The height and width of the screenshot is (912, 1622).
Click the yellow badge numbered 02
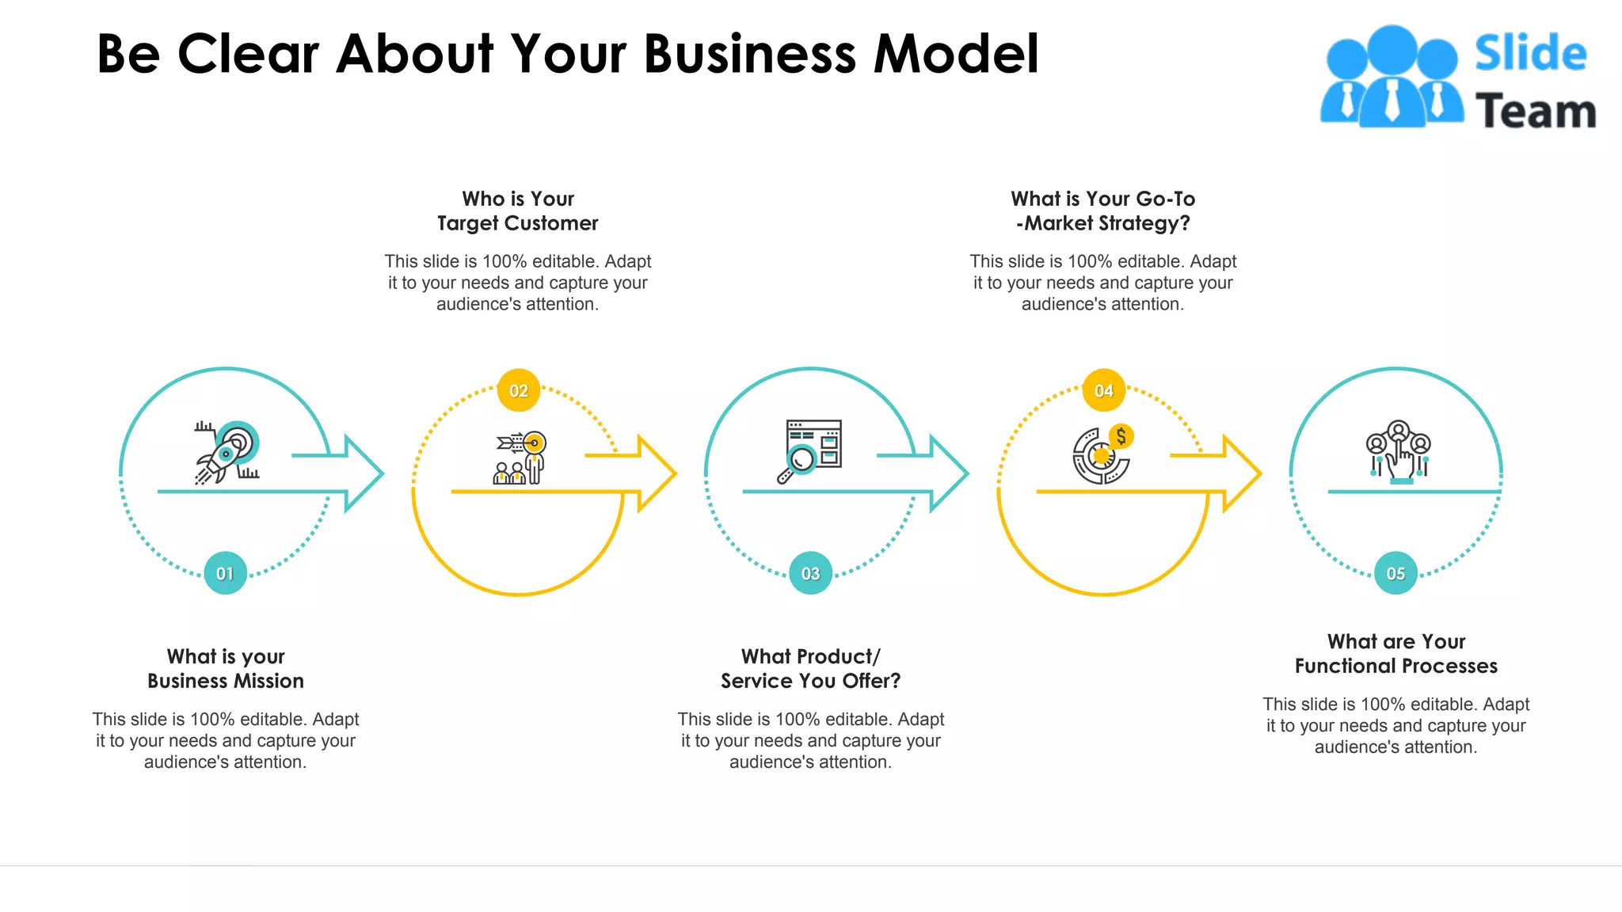[x=519, y=390]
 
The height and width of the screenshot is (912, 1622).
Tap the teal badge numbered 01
[x=225, y=573]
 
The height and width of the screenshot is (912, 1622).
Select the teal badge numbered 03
[x=810, y=573]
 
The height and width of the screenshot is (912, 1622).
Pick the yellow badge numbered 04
[x=1103, y=390]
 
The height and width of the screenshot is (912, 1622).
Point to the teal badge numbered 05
[x=1395, y=573]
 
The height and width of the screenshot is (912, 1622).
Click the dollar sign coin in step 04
[x=1121, y=436]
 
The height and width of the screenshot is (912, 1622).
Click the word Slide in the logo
[x=1530, y=54]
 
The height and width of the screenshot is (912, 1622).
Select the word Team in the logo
[x=1535, y=111]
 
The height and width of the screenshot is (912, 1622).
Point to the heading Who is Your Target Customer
[x=518, y=211]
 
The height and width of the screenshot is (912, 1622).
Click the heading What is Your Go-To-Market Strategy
[x=1102, y=211]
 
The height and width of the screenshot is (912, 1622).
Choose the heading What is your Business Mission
[x=226, y=668]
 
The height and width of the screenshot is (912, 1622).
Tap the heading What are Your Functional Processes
[x=1395, y=653]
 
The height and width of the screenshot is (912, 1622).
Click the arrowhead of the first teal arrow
[x=365, y=473]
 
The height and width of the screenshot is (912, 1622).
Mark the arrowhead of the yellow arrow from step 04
[x=1243, y=473]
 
